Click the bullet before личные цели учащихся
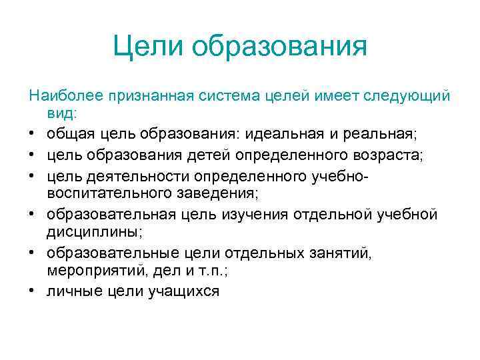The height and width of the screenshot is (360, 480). tap(32, 292)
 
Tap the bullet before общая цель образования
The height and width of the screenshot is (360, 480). tap(32, 135)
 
